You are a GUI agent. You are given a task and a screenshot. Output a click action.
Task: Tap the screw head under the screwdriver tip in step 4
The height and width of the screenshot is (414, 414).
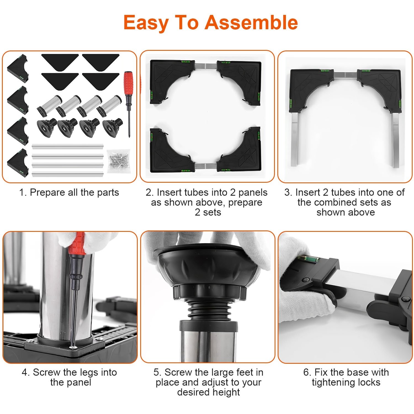pos(73,347)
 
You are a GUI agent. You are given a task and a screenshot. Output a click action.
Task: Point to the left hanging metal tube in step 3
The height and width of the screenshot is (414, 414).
pos(295,139)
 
